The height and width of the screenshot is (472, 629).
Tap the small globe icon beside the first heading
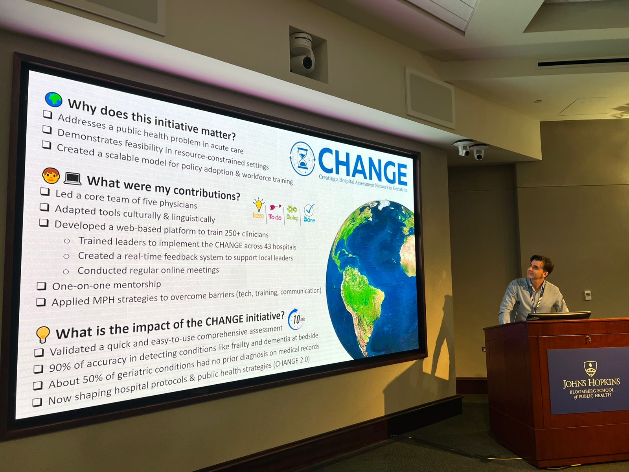click(53, 100)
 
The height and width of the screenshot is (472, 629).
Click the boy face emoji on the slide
click(51, 176)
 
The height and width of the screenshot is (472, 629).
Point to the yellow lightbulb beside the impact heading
click(43, 334)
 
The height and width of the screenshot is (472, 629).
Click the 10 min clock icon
click(296, 319)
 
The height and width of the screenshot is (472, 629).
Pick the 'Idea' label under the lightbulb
click(258, 215)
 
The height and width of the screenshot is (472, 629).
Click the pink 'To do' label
click(275, 217)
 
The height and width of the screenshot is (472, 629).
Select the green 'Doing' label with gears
click(292, 213)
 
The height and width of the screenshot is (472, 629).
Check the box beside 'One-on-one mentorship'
click(41, 286)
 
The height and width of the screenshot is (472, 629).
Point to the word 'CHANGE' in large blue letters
click(363, 166)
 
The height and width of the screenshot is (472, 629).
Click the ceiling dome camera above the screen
click(302, 53)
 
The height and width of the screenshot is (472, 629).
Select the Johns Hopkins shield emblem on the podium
click(590, 369)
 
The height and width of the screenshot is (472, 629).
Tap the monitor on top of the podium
click(558, 315)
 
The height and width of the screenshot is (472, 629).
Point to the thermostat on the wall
click(588, 295)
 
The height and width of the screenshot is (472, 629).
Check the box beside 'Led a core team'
click(45, 192)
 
